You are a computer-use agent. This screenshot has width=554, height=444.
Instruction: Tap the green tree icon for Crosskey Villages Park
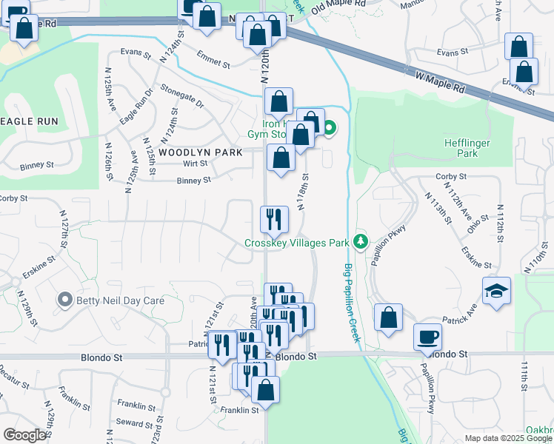point(360,241)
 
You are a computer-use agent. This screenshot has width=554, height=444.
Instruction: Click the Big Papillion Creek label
point(351,303)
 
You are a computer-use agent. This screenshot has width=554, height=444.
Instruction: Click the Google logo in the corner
point(24,434)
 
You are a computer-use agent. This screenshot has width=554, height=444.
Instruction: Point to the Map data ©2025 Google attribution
point(508,438)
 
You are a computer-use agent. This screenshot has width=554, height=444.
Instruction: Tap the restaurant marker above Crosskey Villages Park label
point(273,218)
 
